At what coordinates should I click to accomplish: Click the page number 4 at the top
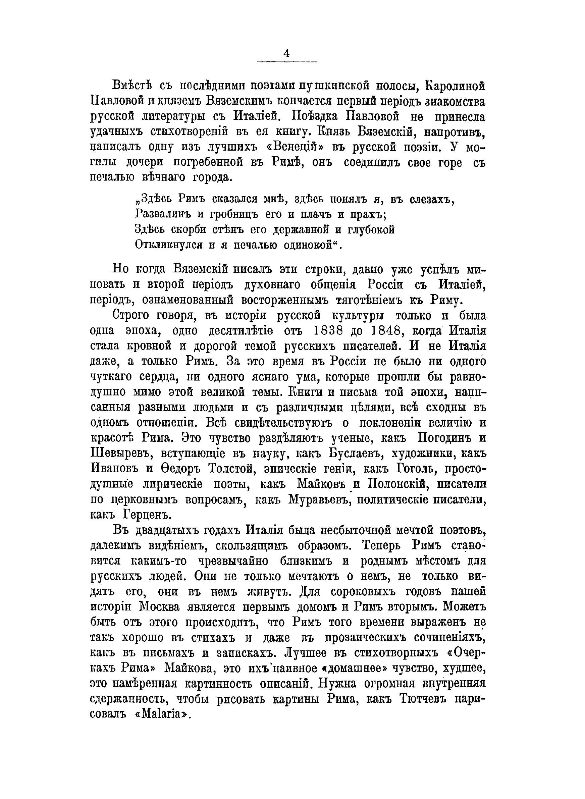(286, 53)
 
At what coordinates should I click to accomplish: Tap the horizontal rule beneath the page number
(286, 63)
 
